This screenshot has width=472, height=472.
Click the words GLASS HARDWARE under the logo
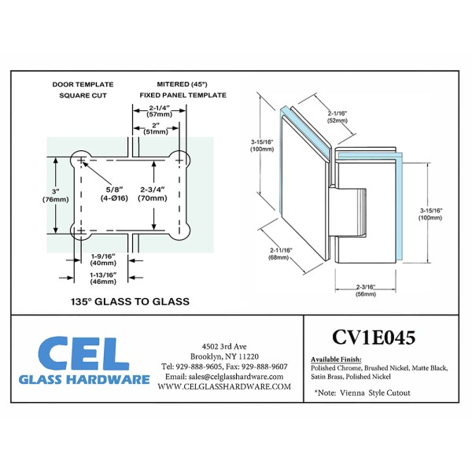click(x=84, y=379)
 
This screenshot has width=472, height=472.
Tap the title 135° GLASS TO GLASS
click(x=131, y=301)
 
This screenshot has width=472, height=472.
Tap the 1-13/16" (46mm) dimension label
click(x=102, y=277)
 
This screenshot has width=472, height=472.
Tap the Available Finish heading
click(x=337, y=359)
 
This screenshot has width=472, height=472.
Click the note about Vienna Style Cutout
click(x=362, y=393)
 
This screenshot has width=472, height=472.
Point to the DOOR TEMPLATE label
click(x=82, y=83)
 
